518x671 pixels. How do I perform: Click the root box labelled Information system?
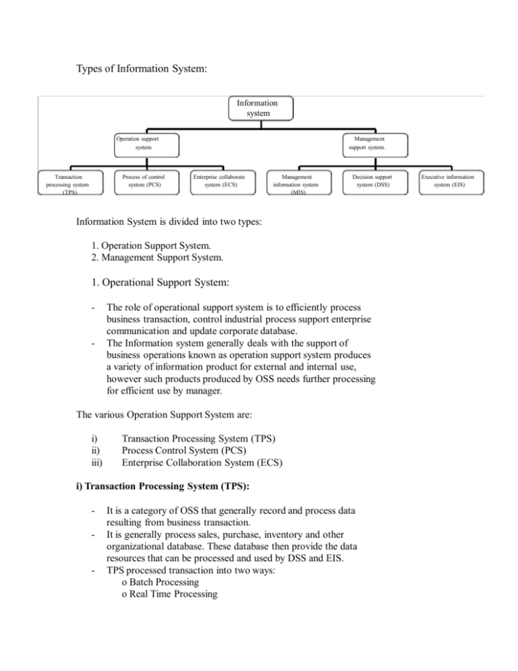pos(253,108)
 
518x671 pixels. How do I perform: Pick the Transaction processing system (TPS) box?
pos(71,182)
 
